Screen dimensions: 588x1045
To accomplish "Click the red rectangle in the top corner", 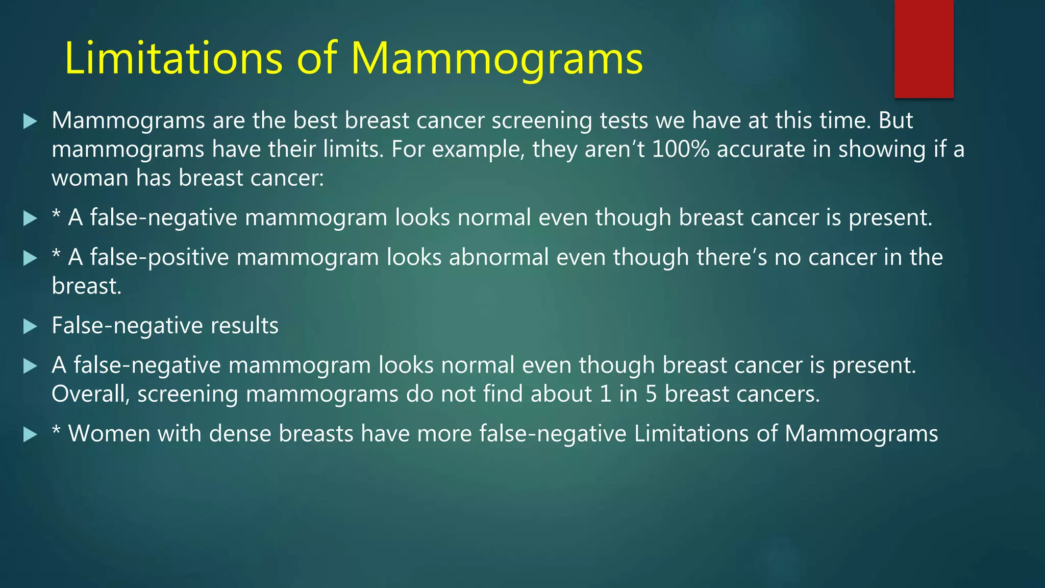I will tap(924, 48).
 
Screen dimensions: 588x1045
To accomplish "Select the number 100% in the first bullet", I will tap(681, 150).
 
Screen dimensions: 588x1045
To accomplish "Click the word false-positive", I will tap(160, 257).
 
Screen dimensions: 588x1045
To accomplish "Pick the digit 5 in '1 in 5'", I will tap(651, 394).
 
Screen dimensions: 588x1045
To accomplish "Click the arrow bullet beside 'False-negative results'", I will tap(30, 326).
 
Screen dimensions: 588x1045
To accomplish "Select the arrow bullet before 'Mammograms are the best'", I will tap(30, 121).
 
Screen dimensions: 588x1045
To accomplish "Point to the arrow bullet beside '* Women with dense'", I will tap(30, 434).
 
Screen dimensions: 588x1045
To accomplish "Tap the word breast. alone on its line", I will tap(86, 286).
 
